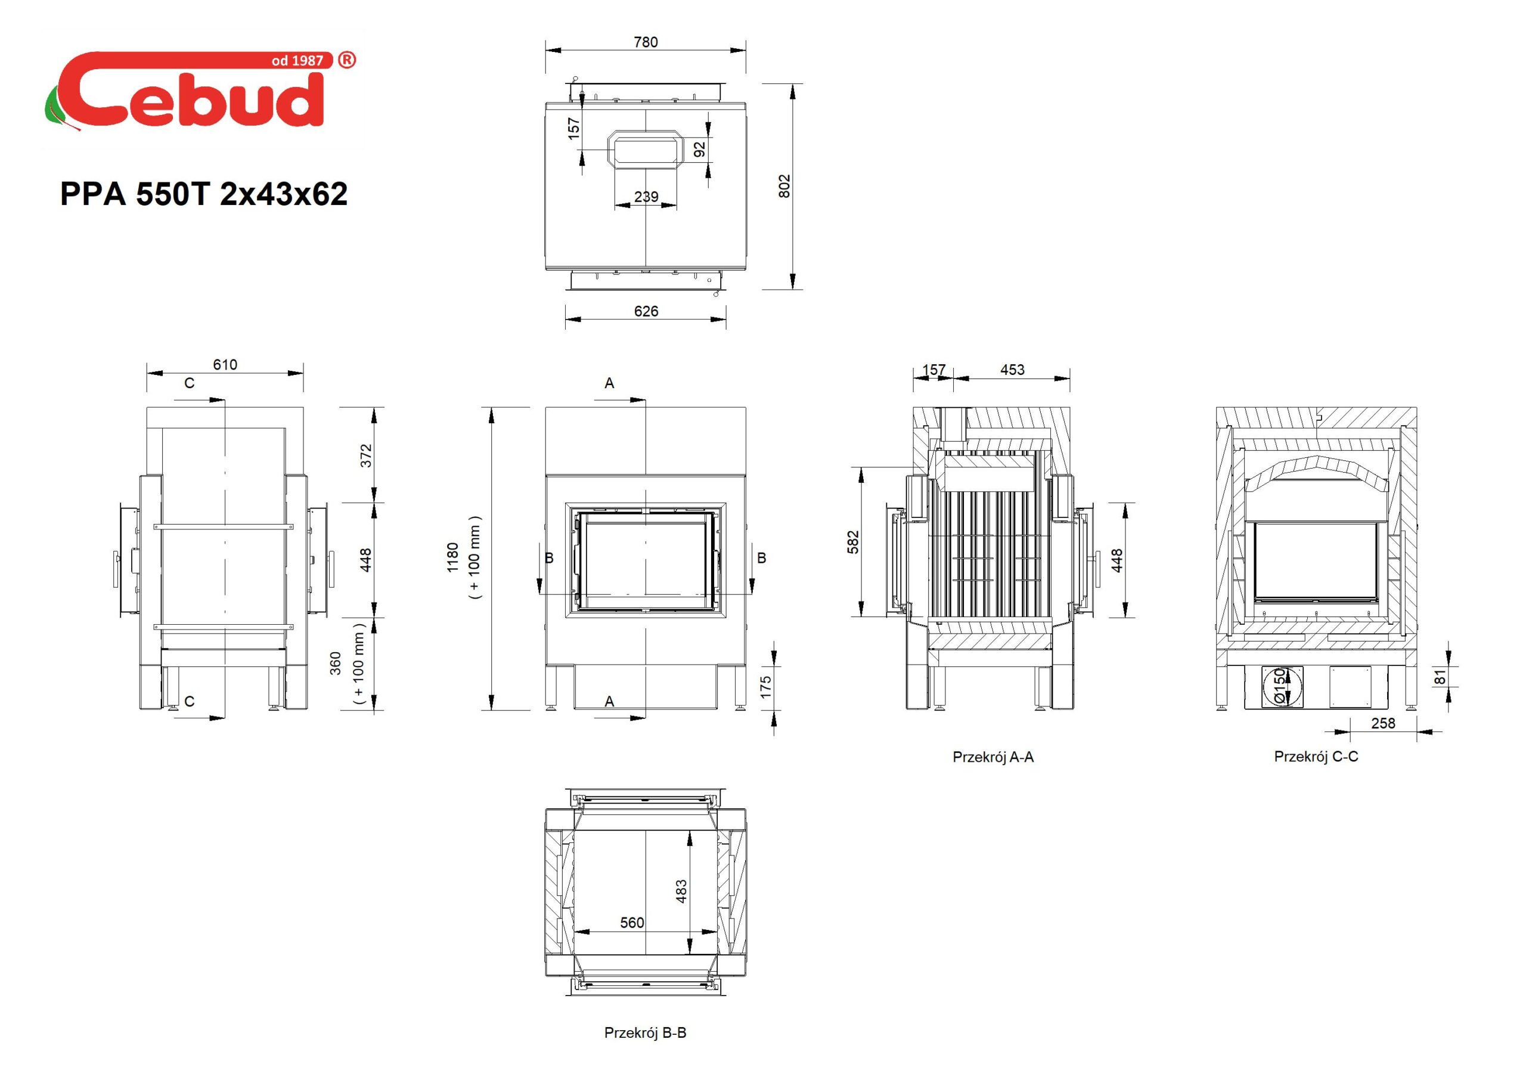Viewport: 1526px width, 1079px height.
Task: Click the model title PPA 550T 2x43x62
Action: [x=204, y=194]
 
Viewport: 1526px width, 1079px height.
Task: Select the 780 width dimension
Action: [x=646, y=42]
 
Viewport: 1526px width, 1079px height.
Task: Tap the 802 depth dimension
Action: [x=784, y=186]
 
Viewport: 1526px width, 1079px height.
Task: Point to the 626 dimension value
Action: [x=646, y=311]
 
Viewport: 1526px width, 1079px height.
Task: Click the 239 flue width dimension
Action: [x=646, y=197]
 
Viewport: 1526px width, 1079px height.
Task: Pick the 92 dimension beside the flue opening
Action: [x=699, y=150]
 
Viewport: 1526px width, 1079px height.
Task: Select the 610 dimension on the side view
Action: [x=225, y=364]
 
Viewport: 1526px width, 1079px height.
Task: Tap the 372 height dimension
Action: [x=365, y=455]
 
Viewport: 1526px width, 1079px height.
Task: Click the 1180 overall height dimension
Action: [x=452, y=557]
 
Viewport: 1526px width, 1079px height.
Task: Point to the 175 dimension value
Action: [x=765, y=687]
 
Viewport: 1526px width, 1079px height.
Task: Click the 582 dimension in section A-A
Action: [x=854, y=542]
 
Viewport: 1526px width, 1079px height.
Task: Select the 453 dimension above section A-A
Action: [x=1012, y=370]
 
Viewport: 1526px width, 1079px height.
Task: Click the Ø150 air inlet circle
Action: [x=1282, y=686]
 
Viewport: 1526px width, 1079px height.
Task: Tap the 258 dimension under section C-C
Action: [x=1383, y=723]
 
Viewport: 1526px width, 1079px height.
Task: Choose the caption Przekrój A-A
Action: [x=993, y=756]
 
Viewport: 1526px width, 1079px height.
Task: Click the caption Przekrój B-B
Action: [x=645, y=1033]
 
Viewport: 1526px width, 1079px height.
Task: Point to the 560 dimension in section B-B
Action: [x=632, y=923]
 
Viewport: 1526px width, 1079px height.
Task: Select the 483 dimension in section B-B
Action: [x=681, y=892]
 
